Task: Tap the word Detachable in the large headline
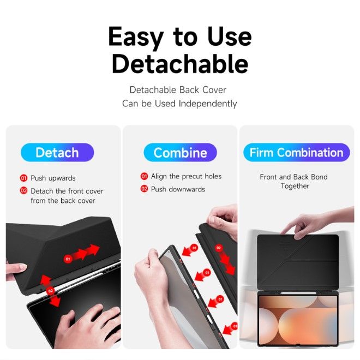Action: click(x=180, y=64)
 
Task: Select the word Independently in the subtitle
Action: click(x=208, y=104)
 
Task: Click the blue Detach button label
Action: click(x=57, y=152)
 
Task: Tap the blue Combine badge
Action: click(x=180, y=152)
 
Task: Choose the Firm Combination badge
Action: click(x=296, y=152)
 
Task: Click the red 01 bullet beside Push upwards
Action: click(x=23, y=178)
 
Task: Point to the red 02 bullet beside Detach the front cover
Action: click(x=23, y=190)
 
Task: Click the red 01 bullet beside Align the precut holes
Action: click(x=144, y=176)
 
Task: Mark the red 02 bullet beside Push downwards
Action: click(x=144, y=189)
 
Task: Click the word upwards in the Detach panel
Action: click(x=62, y=178)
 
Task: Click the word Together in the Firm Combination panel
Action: click(x=295, y=186)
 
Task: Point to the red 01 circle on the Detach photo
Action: click(x=68, y=259)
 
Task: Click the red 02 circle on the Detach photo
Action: click(x=50, y=291)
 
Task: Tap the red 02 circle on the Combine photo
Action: click(x=219, y=248)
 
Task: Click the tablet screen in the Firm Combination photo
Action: click(x=298, y=320)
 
